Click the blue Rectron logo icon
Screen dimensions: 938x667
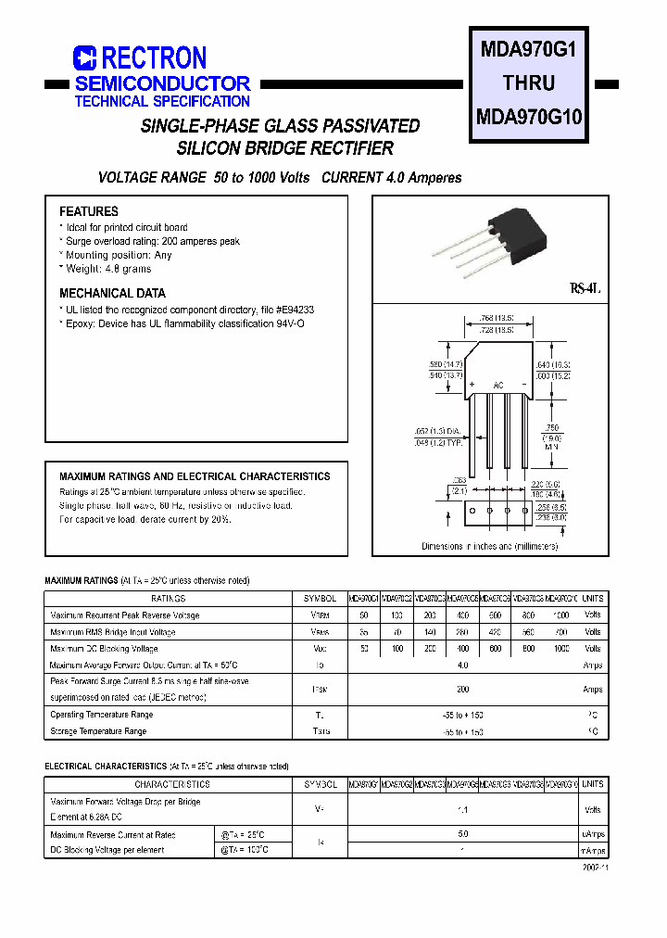pyautogui.click(x=85, y=58)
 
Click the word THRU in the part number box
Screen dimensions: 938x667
pyautogui.click(x=528, y=83)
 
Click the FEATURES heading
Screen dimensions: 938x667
pyautogui.click(x=89, y=211)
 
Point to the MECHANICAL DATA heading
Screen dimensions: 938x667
pyautogui.click(x=112, y=293)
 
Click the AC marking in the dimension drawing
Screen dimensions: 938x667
pyautogui.click(x=497, y=384)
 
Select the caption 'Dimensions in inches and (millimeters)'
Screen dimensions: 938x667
pyautogui.click(x=489, y=547)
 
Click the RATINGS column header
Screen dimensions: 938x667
pyautogui.click(x=168, y=599)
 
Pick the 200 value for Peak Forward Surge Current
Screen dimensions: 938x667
pyautogui.click(x=463, y=689)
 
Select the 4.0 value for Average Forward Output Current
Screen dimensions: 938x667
pyautogui.click(x=463, y=665)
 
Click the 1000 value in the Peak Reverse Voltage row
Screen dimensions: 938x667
pyautogui.click(x=560, y=615)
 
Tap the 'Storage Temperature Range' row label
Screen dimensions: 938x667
pyautogui.click(x=98, y=731)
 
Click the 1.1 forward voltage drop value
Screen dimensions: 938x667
pyautogui.click(x=463, y=809)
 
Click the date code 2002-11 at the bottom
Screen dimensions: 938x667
pyautogui.click(x=596, y=868)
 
